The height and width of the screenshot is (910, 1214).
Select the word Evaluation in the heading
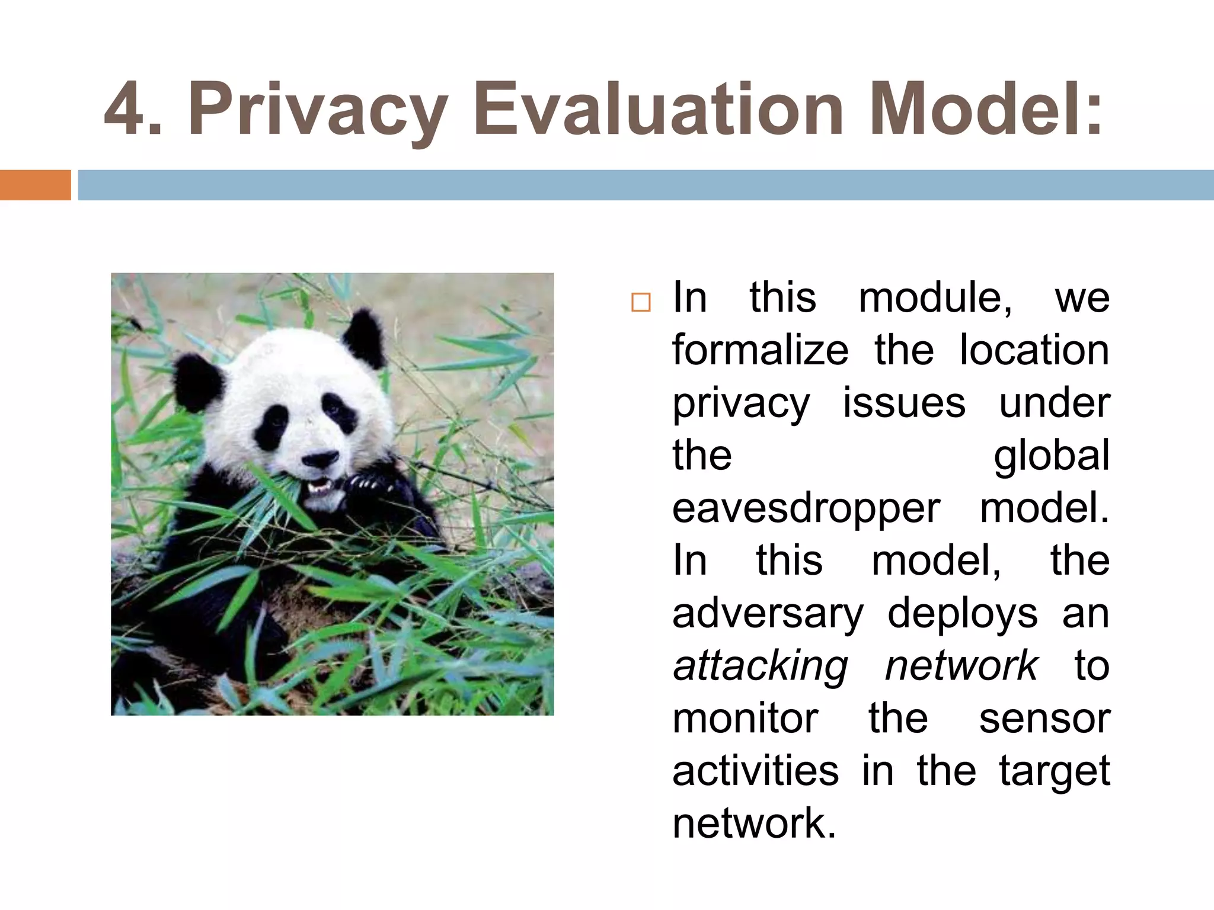tap(658, 110)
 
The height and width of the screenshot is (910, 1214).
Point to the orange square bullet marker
tap(641, 302)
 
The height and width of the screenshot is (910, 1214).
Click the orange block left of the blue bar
tap(35, 185)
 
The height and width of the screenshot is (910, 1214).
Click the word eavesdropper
tap(806, 508)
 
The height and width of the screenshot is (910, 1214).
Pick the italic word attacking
tap(761, 666)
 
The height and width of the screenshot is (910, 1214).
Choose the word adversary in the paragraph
tap(768, 613)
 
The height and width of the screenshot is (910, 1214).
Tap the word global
tap(1051, 456)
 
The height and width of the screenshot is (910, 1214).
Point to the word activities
tap(755, 771)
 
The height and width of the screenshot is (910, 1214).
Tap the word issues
tap(904, 403)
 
